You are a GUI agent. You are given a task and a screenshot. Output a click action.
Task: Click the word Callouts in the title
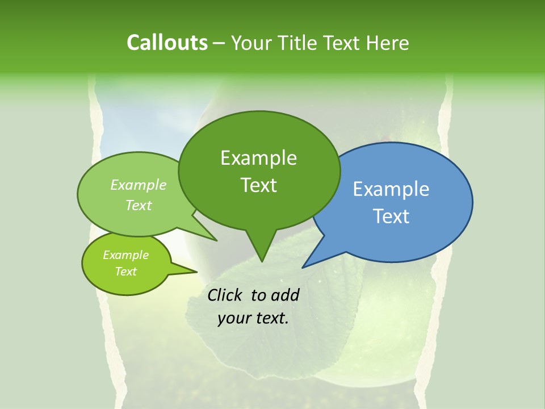[x=167, y=43]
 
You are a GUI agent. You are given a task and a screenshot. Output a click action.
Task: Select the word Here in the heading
[x=388, y=43]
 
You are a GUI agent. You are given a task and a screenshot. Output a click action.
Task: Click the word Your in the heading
[x=251, y=43]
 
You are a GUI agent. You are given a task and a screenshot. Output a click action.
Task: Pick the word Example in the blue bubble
[x=391, y=189]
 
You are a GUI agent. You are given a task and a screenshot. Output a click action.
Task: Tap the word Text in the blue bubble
[x=391, y=216]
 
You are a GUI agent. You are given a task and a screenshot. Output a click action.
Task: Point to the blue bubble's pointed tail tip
[x=303, y=268]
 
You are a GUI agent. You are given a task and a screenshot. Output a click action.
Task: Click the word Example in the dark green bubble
[x=258, y=158]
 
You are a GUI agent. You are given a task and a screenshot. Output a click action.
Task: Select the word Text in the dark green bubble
[x=258, y=185]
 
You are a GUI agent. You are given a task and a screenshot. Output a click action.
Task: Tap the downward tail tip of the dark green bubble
[x=262, y=262]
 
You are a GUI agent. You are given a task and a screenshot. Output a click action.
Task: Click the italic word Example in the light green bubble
[x=139, y=185]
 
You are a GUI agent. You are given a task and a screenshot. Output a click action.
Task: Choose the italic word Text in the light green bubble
[x=139, y=205]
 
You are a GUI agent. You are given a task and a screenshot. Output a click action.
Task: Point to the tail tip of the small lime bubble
[x=196, y=272]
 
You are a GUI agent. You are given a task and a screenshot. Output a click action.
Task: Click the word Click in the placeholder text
[x=225, y=295]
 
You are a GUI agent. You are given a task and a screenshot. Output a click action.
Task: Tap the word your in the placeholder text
[x=233, y=319]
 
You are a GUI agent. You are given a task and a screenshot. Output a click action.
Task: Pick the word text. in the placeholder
[x=271, y=319]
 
